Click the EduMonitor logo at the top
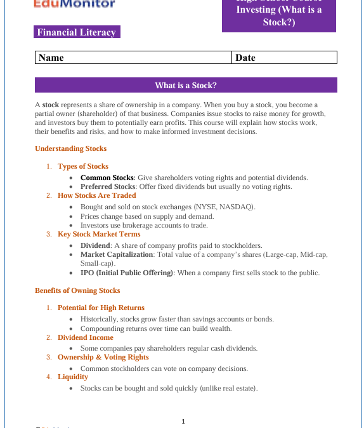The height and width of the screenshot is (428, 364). pyautogui.click(x=75, y=4)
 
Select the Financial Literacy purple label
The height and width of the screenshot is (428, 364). pyautogui.click(x=77, y=32)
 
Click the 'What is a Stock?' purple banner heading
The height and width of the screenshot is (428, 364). pyautogui.click(x=186, y=86)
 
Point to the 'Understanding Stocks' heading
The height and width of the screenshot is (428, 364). pyautogui.click(x=71, y=148)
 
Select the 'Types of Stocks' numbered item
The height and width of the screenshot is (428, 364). pyautogui.click(x=83, y=166)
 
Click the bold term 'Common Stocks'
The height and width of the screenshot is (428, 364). pyautogui.click(x=107, y=178)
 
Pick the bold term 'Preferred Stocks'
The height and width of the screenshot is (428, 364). pyautogui.click(x=108, y=186)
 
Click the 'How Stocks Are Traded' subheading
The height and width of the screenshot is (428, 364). pyautogui.click(x=97, y=195)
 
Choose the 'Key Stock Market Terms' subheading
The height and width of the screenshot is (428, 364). pyautogui.click(x=99, y=234)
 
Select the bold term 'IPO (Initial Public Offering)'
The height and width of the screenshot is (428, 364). pyautogui.click(x=126, y=273)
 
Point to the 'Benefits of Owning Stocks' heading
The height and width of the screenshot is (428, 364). pyautogui.click(x=77, y=290)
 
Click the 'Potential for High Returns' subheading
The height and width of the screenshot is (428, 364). pyautogui.click(x=101, y=308)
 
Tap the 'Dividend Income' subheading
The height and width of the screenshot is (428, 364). pyautogui.click(x=86, y=337)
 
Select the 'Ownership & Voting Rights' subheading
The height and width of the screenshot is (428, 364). pyautogui.click(x=103, y=357)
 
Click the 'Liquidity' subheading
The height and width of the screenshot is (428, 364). pyautogui.click(x=73, y=377)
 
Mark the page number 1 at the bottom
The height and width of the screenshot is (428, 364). pyautogui.click(x=183, y=421)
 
